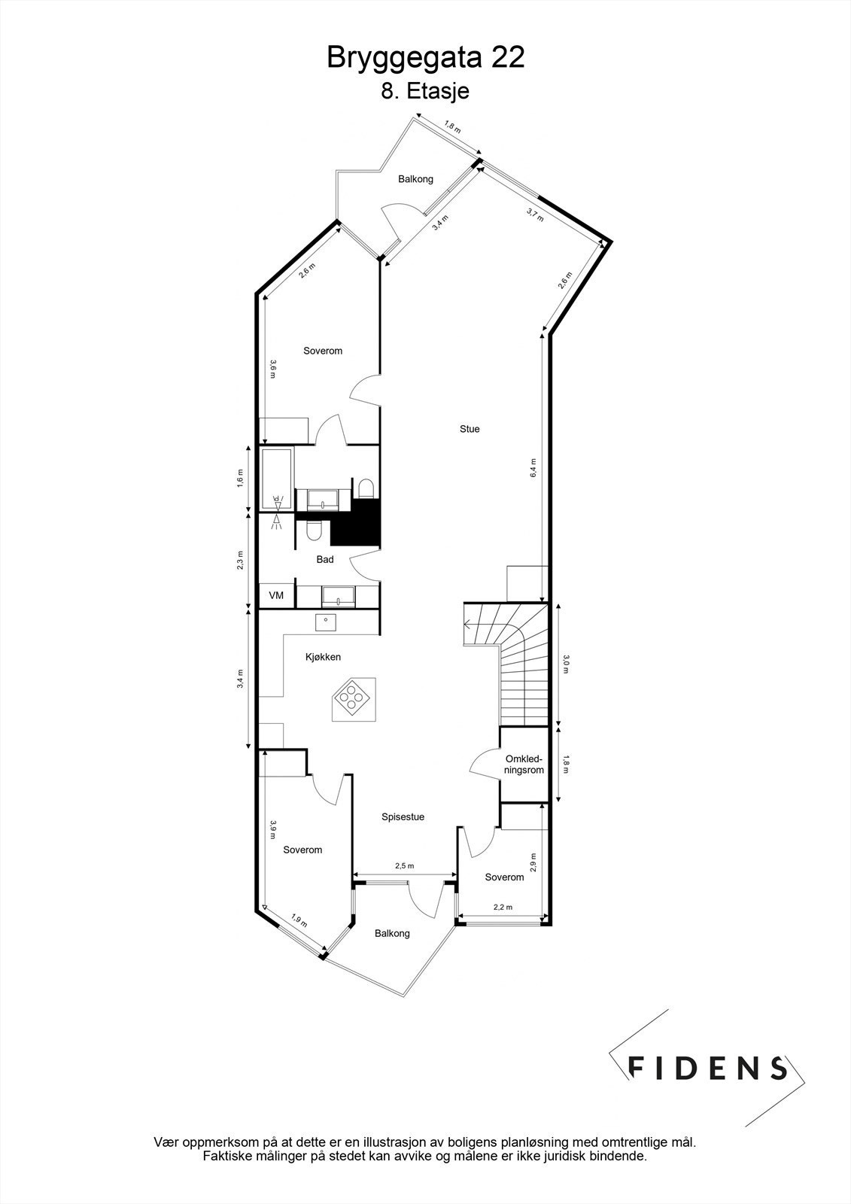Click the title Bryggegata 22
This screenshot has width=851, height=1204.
(x=425, y=58)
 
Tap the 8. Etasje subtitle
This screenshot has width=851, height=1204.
(x=425, y=92)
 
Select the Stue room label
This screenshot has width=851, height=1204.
(x=470, y=429)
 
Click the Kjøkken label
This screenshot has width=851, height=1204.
(x=323, y=657)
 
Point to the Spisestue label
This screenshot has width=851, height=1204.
(x=403, y=816)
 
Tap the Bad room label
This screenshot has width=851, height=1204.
(x=325, y=559)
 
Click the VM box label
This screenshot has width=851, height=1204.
(x=276, y=595)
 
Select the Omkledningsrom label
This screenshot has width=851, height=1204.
(x=524, y=765)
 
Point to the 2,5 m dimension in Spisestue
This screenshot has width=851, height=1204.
(x=405, y=866)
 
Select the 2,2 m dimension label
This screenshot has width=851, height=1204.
(x=503, y=908)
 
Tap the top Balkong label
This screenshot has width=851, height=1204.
(x=415, y=179)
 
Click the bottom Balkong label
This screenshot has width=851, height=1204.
(x=392, y=933)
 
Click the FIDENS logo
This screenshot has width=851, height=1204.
(x=707, y=1068)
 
